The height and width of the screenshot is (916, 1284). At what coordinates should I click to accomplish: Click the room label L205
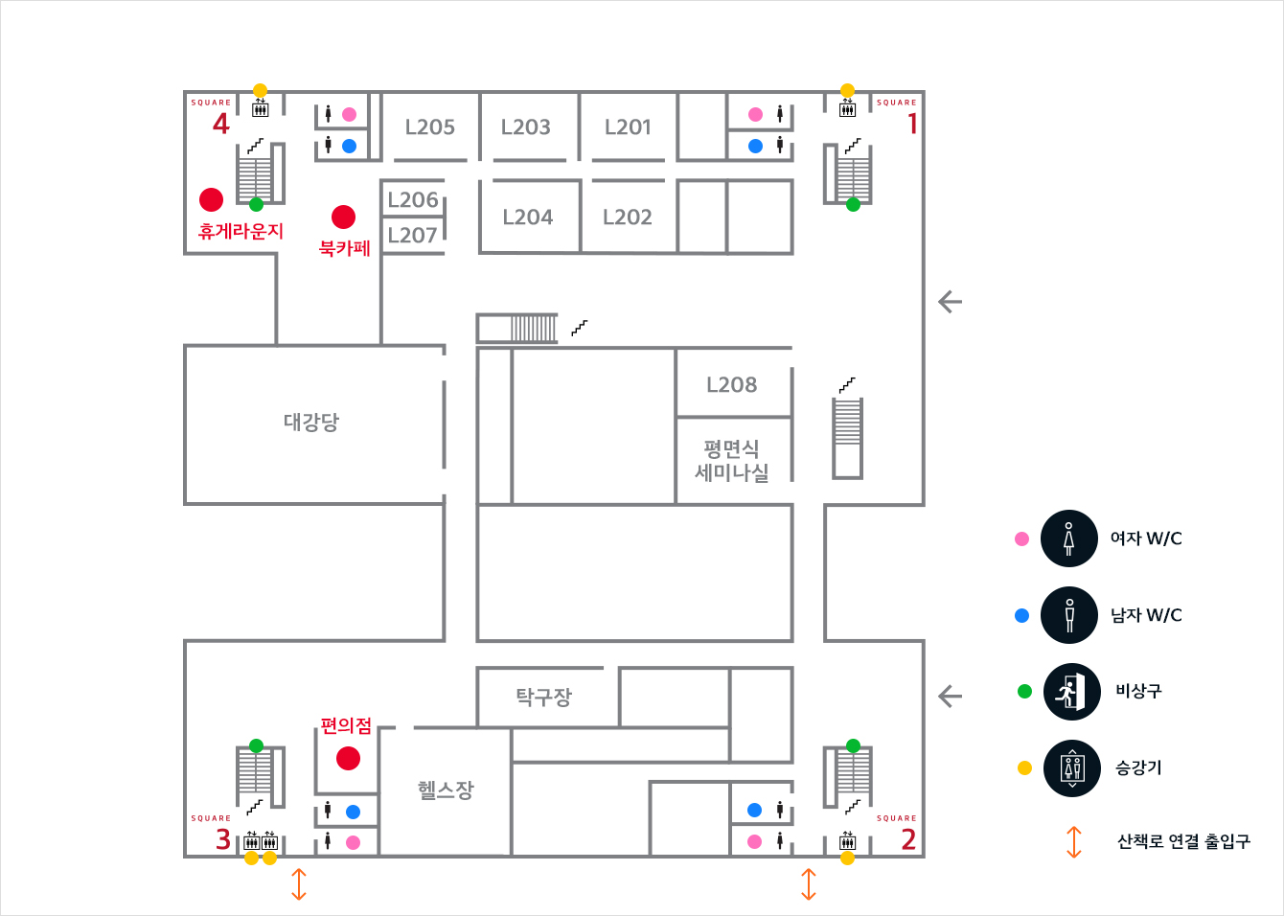click(x=429, y=126)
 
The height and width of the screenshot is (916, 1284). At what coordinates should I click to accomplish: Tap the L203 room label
click(x=526, y=126)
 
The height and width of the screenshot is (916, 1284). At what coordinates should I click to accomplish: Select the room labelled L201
click(x=628, y=126)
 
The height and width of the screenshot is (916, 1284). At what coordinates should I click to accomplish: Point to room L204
click(x=528, y=218)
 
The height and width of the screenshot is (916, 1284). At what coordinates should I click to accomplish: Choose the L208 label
click(x=731, y=384)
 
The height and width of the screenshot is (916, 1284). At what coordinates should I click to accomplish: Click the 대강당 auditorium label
click(x=311, y=422)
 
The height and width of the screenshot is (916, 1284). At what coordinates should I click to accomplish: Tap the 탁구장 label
click(x=543, y=697)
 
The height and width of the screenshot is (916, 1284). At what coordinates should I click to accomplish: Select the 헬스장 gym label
click(x=446, y=790)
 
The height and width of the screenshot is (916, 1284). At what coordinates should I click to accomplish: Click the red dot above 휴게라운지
click(x=211, y=199)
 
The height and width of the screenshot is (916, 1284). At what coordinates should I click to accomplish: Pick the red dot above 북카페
click(x=343, y=218)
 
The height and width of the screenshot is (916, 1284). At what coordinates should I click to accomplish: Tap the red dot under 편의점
click(x=348, y=759)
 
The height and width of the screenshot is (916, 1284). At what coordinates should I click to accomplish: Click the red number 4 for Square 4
click(x=221, y=124)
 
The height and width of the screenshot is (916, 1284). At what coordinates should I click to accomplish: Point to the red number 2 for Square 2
click(x=908, y=839)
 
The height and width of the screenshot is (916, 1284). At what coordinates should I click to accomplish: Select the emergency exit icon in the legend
click(x=1070, y=692)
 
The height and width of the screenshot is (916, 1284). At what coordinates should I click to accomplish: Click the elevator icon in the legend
click(x=1071, y=767)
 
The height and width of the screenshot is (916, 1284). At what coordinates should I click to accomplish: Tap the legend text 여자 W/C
click(x=1146, y=538)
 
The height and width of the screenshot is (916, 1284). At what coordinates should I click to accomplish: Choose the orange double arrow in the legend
click(x=1073, y=841)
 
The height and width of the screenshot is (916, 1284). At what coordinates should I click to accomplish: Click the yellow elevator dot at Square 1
click(x=847, y=90)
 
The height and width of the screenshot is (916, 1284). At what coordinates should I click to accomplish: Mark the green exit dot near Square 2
click(x=853, y=745)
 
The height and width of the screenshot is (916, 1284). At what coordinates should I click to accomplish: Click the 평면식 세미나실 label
click(x=732, y=460)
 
